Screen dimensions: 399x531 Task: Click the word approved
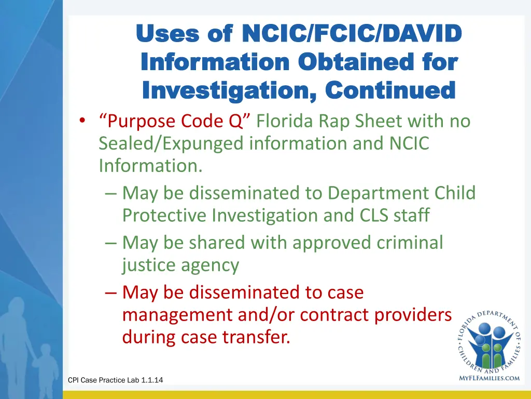(x=309, y=243)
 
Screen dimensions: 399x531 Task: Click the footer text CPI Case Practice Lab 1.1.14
(x=115, y=380)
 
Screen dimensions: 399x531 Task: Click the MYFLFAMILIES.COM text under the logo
(x=489, y=378)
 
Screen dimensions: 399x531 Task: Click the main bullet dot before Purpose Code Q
(x=82, y=122)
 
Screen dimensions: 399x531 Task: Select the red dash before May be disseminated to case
(x=110, y=293)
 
